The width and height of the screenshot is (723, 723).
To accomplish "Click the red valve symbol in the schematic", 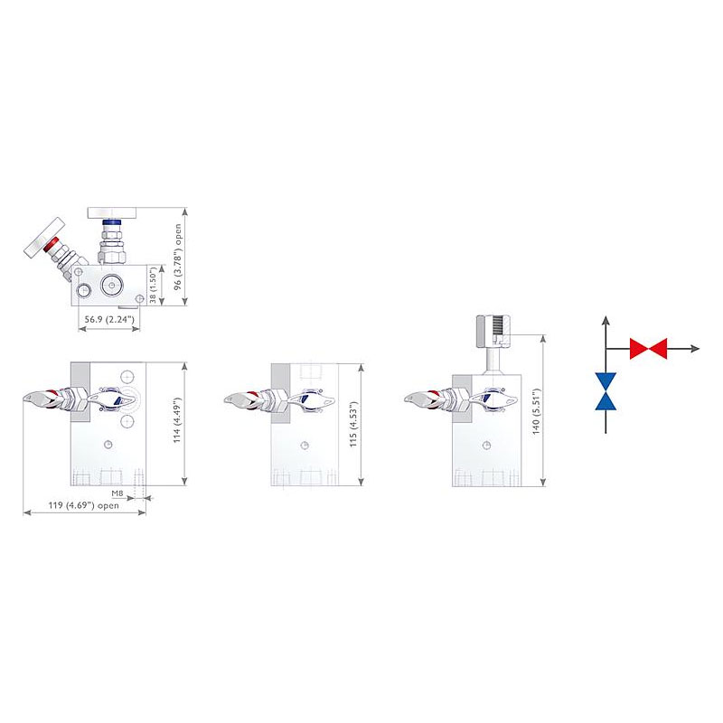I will [x=648, y=348].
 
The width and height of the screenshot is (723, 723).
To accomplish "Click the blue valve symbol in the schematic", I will [x=606, y=390].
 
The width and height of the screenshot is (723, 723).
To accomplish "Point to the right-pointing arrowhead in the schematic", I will [x=696, y=348].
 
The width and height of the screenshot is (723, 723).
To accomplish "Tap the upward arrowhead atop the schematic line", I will [x=606, y=321].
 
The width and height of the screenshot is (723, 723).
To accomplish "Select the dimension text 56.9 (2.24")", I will [x=108, y=320].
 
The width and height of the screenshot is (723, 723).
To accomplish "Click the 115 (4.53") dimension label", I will [x=354, y=424].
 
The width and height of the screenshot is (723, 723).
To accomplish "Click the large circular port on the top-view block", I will [x=112, y=285].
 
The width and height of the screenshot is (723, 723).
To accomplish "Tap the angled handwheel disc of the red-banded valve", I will [x=43, y=233].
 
